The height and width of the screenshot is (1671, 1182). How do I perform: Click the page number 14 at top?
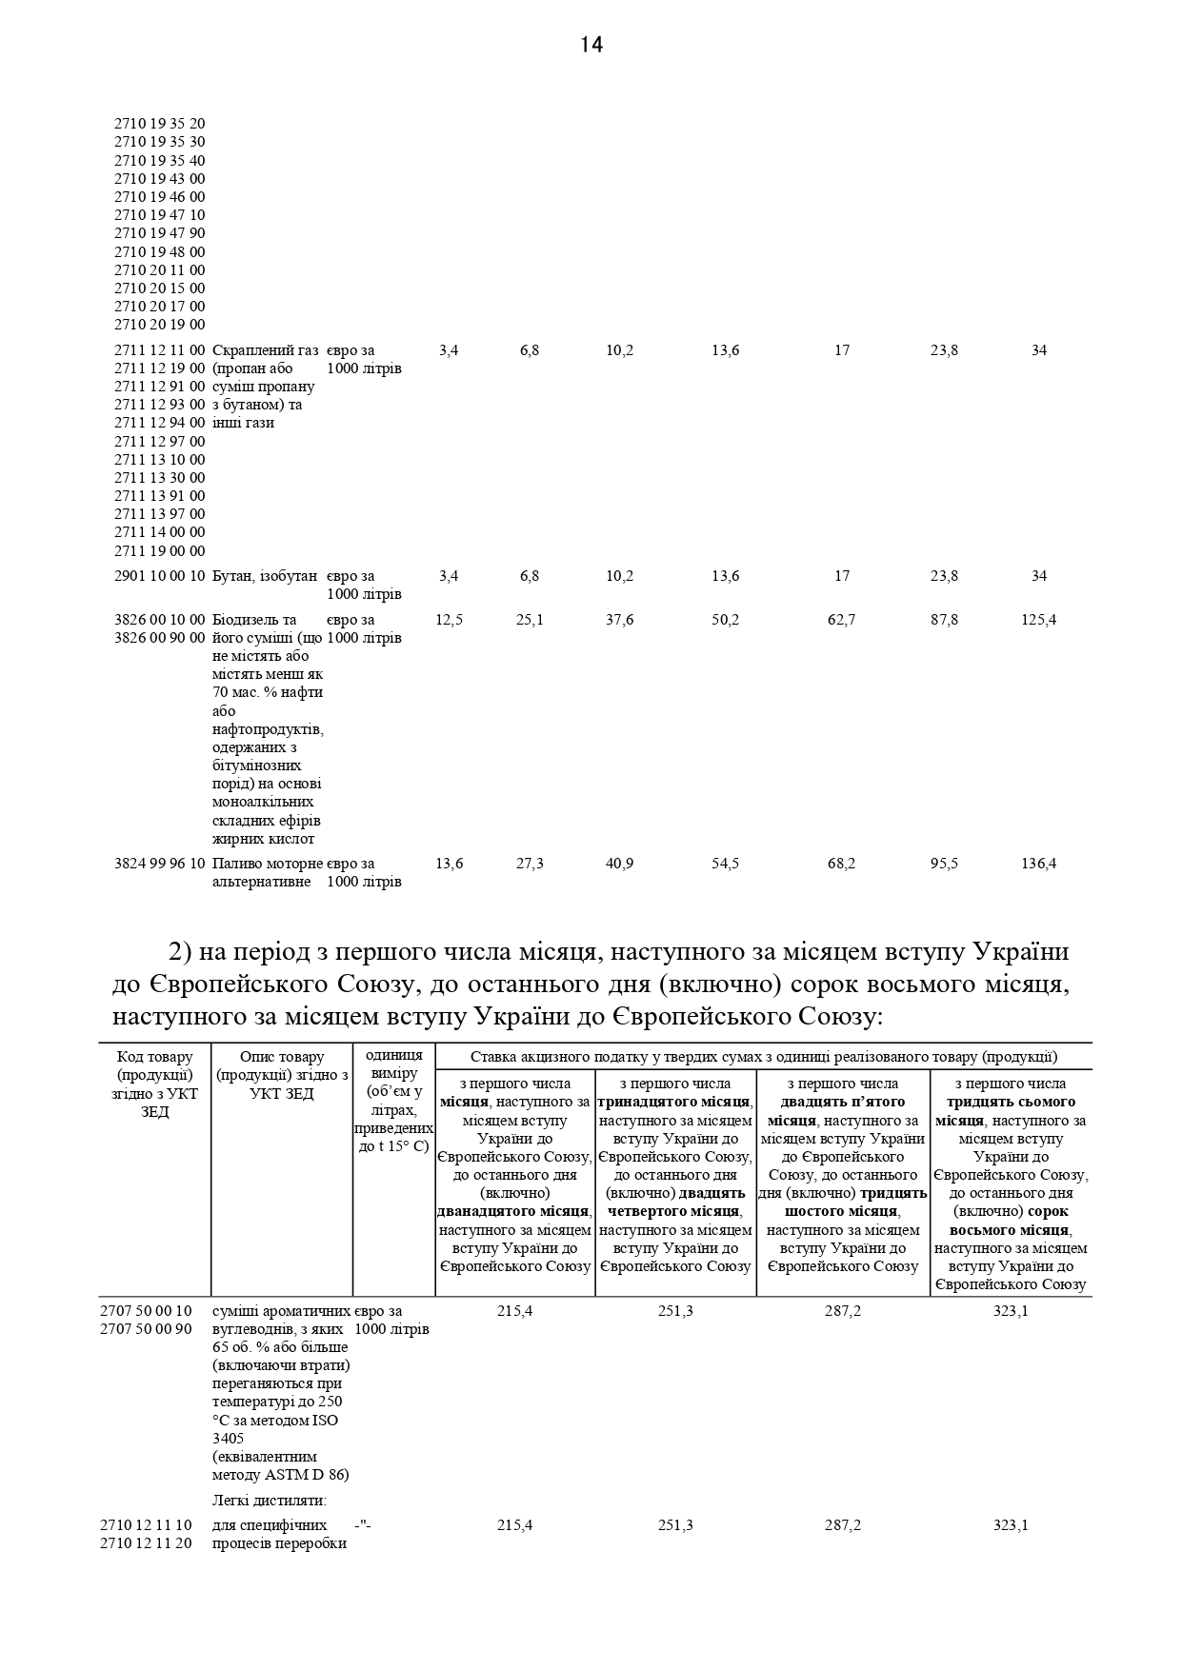click(591, 45)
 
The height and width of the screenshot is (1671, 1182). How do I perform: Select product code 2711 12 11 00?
click(159, 350)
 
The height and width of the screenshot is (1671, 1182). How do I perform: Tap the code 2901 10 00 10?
click(159, 576)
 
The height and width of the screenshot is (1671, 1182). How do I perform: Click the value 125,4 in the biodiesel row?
click(1038, 620)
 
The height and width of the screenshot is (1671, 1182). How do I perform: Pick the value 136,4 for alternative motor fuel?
click(1038, 864)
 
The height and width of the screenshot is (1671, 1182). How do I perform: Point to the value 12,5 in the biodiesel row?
click(449, 620)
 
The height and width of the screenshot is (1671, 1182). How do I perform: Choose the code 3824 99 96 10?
click(159, 864)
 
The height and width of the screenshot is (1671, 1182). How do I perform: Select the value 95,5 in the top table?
click(944, 864)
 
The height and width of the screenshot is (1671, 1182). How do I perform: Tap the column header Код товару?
click(154, 1057)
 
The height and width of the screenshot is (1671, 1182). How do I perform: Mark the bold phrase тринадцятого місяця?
click(674, 1102)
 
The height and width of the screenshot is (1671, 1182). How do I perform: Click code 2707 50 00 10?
click(146, 1311)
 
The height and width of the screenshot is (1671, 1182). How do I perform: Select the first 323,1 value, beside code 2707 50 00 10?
click(1011, 1311)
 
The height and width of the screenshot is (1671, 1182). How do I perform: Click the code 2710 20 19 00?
click(159, 325)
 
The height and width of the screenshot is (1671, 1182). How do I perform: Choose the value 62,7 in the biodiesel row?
click(841, 620)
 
